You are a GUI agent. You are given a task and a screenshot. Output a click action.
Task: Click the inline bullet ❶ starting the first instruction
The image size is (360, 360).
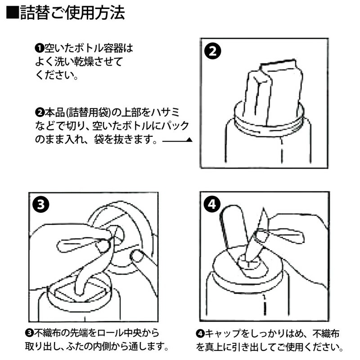coord(39,47)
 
